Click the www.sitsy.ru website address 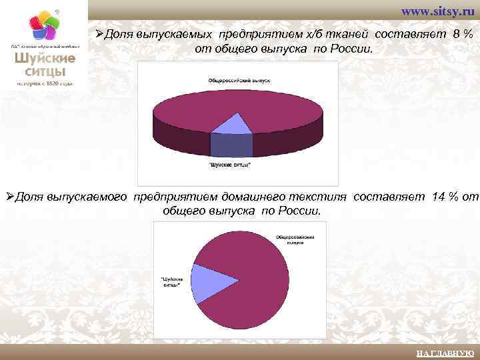point(437,13)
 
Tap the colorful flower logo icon point(43,27)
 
